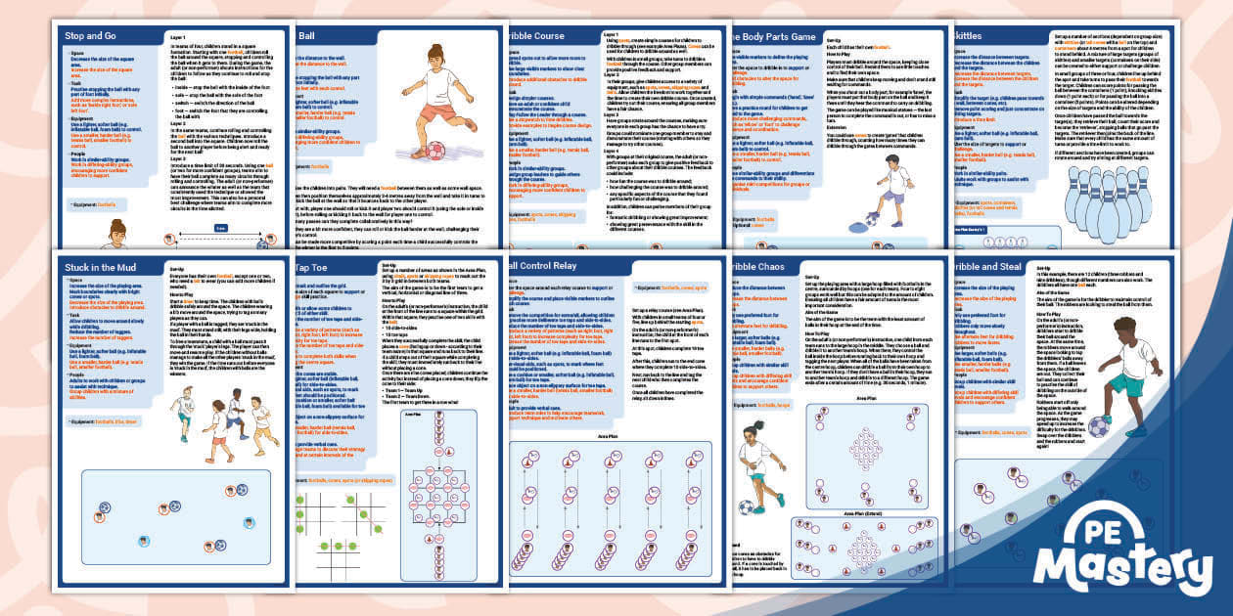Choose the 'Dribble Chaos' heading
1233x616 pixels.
768,266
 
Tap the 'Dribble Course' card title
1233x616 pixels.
539,36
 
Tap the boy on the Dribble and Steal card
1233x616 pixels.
1125,376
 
